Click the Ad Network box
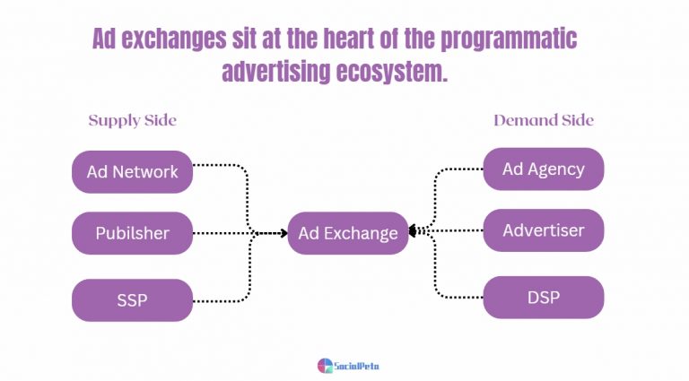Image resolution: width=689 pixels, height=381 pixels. click(x=132, y=171)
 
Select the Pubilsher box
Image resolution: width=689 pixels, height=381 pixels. click(x=132, y=233)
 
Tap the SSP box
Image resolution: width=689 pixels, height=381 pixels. click(x=132, y=300)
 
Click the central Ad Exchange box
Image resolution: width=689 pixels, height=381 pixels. click(x=348, y=233)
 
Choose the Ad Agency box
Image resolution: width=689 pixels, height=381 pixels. click(x=543, y=169)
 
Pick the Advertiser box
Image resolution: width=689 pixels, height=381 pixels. click(x=543, y=230)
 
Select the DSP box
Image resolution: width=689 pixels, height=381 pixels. click(x=543, y=297)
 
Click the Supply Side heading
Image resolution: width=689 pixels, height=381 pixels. click(x=132, y=120)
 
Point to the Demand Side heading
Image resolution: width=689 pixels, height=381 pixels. click(x=543, y=120)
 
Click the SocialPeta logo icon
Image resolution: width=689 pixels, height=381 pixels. click(x=325, y=365)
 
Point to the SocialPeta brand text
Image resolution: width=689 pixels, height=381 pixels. click(x=356, y=366)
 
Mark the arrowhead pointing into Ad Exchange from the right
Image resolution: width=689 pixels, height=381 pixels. click(x=414, y=231)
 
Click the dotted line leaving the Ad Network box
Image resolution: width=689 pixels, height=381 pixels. click(x=220, y=166)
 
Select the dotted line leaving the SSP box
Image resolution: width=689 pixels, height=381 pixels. click(x=220, y=300)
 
